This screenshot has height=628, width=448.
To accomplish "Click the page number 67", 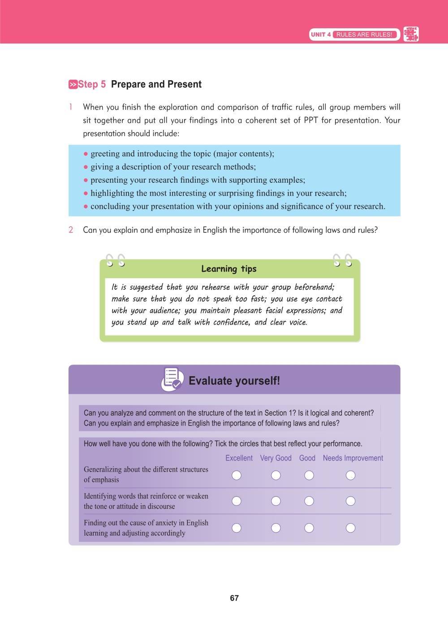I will (x=234, y=598).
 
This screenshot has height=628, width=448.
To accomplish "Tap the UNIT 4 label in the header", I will (x=320, y=34).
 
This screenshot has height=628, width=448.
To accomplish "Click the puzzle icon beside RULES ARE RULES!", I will (x=411, y=34).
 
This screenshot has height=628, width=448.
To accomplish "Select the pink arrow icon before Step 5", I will (x=73, y=84).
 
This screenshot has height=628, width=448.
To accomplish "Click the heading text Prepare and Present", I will (x=156, y=84).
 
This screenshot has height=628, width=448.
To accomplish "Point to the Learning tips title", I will (x=228, y=269).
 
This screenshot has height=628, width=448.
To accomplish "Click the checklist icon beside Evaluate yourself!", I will (x=172, y=379).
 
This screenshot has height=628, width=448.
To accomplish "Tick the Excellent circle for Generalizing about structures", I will (x=237, y=475).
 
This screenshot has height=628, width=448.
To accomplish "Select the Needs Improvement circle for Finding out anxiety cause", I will (x=351, y=528).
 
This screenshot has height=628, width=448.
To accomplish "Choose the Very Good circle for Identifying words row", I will (x=276, y=501).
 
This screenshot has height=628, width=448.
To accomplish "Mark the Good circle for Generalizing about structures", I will (x=309, y=475).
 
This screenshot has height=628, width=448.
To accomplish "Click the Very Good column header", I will (x=276, y=458).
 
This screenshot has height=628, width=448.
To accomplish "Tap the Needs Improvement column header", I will (x=353, y=458).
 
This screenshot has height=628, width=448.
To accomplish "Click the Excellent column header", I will (x=239, y=458).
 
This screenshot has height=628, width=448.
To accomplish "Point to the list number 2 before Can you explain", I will (x=71, y=230).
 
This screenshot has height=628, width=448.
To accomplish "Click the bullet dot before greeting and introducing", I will (x=86, y=154).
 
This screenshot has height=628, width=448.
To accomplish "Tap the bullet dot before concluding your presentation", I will (x=86, y=207).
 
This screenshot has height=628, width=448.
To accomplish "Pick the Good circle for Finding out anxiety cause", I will (x=309, y=528).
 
